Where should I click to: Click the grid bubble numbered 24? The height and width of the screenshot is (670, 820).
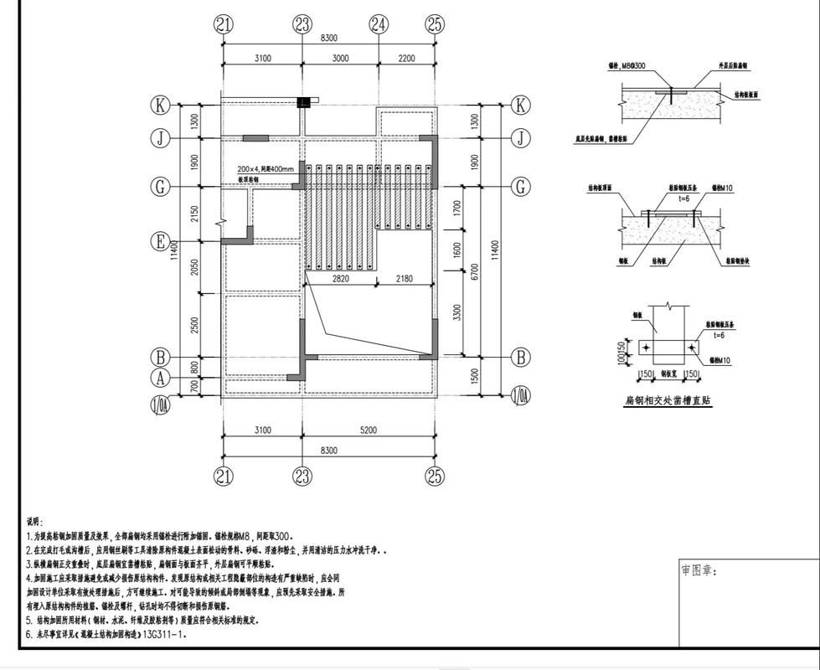tap(379, 24)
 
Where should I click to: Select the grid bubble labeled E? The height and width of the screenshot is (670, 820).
tap(160, 241)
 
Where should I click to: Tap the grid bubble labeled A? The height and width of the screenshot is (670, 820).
tap(160, 379)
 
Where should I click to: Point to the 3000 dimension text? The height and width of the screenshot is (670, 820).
tap(339, 58)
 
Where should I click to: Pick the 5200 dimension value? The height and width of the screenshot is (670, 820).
tap(368, 430)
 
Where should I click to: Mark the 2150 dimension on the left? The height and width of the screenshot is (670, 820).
tap(195, 214)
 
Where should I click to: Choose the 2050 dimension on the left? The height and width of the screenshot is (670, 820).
tap(195, 269)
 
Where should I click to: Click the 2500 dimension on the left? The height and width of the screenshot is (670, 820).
tap(195, 325)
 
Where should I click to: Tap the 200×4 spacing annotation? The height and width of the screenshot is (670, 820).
tap(266, 168)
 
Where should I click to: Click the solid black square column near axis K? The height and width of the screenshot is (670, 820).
tap(303, 102)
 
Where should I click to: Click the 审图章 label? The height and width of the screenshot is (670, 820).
tap(699, 570)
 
